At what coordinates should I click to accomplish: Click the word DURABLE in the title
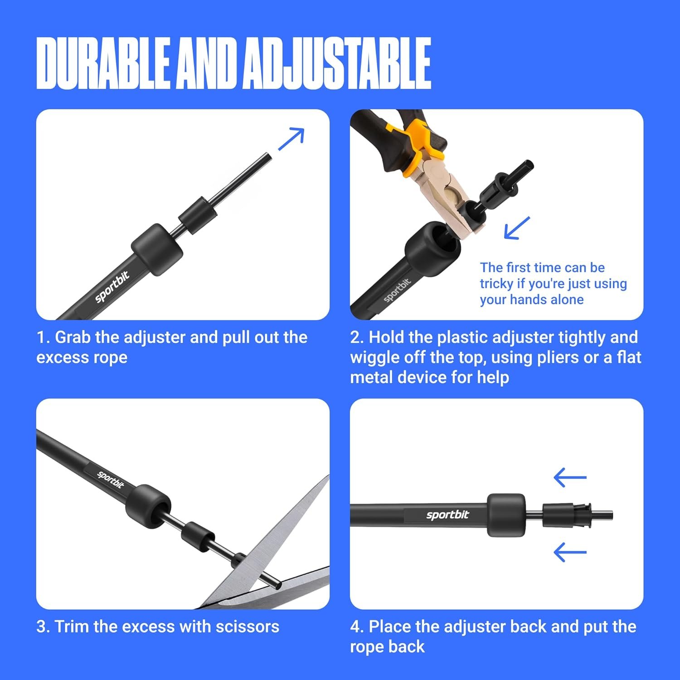pos(103,63)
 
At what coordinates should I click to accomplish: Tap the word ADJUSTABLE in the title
pos(337,63)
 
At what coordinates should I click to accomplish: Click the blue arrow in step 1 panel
pos(291,139)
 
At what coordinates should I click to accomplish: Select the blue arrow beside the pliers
pos(517,228)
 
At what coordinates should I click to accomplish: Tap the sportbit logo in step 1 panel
pos(112,287)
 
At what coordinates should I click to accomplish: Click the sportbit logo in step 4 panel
pos(447,515)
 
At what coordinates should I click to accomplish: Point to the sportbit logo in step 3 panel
pos(111,480)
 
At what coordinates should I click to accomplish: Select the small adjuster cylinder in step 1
pos(196,215)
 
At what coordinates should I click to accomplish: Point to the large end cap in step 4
pos(506,515)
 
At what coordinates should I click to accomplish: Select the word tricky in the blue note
pos(497,284)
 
